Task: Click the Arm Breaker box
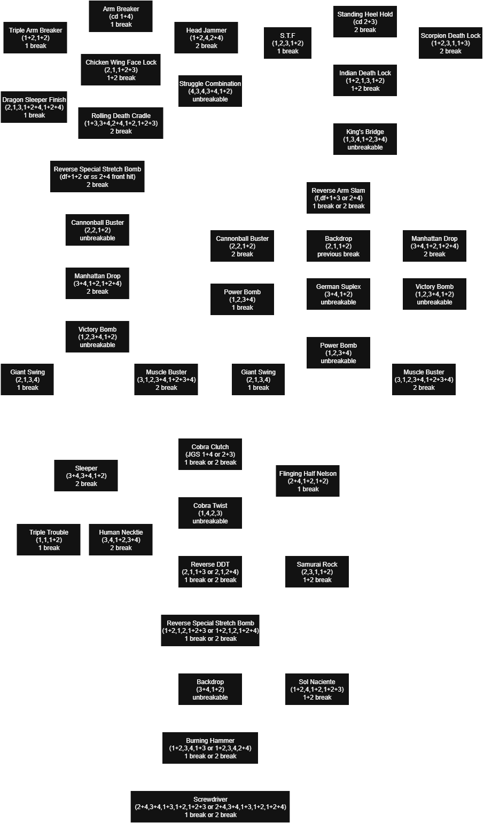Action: (x=121, y=16)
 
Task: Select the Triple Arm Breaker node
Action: (x=35, y=38)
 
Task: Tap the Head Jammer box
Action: (x=206, y=38)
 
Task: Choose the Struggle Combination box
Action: (x=210, y=91)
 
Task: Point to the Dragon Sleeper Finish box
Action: (x=34, y=107)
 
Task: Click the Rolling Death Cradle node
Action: (x=121, y=123)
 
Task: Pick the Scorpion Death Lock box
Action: (x=450, y=43)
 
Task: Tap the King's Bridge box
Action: (x=365, y=139)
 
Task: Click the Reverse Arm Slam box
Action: (x=338, y=198)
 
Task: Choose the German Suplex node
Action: (x=338, y=294)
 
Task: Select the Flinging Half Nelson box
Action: (x=308, y=481)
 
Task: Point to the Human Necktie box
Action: (x=121, y=540)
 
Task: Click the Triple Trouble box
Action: (x=49, y=540)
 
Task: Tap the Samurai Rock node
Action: (x=317, y=572)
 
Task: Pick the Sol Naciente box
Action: (x=317, y=689)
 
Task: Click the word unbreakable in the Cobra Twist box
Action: (x=210, y=521)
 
